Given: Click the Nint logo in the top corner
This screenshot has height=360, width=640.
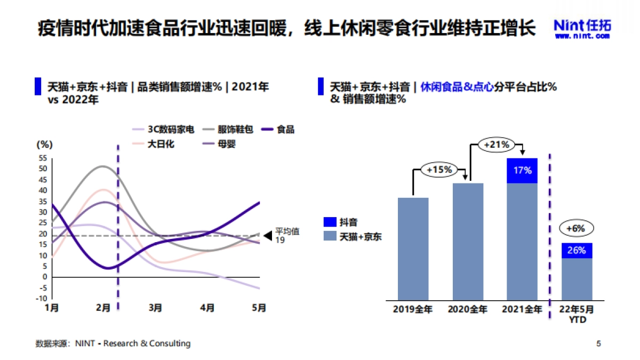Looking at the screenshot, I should [582, 28].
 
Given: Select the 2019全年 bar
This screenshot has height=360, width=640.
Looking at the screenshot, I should [413, 248].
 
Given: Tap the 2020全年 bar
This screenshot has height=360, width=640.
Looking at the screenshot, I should [468, 241].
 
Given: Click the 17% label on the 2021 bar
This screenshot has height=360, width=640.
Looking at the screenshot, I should [522, 171].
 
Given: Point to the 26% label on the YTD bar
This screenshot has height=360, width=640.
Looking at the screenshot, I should [577, 250].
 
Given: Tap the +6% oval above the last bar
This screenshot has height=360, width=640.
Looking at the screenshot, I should [576, 229].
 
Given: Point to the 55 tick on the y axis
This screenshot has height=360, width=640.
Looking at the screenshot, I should [43, 158].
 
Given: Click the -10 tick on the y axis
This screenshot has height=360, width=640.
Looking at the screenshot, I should [42, 299].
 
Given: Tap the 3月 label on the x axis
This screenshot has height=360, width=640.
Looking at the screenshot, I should [155, 308].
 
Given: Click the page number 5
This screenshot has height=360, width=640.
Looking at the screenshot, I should [598, 343].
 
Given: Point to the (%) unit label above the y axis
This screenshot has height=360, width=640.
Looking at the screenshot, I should [44, 145].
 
